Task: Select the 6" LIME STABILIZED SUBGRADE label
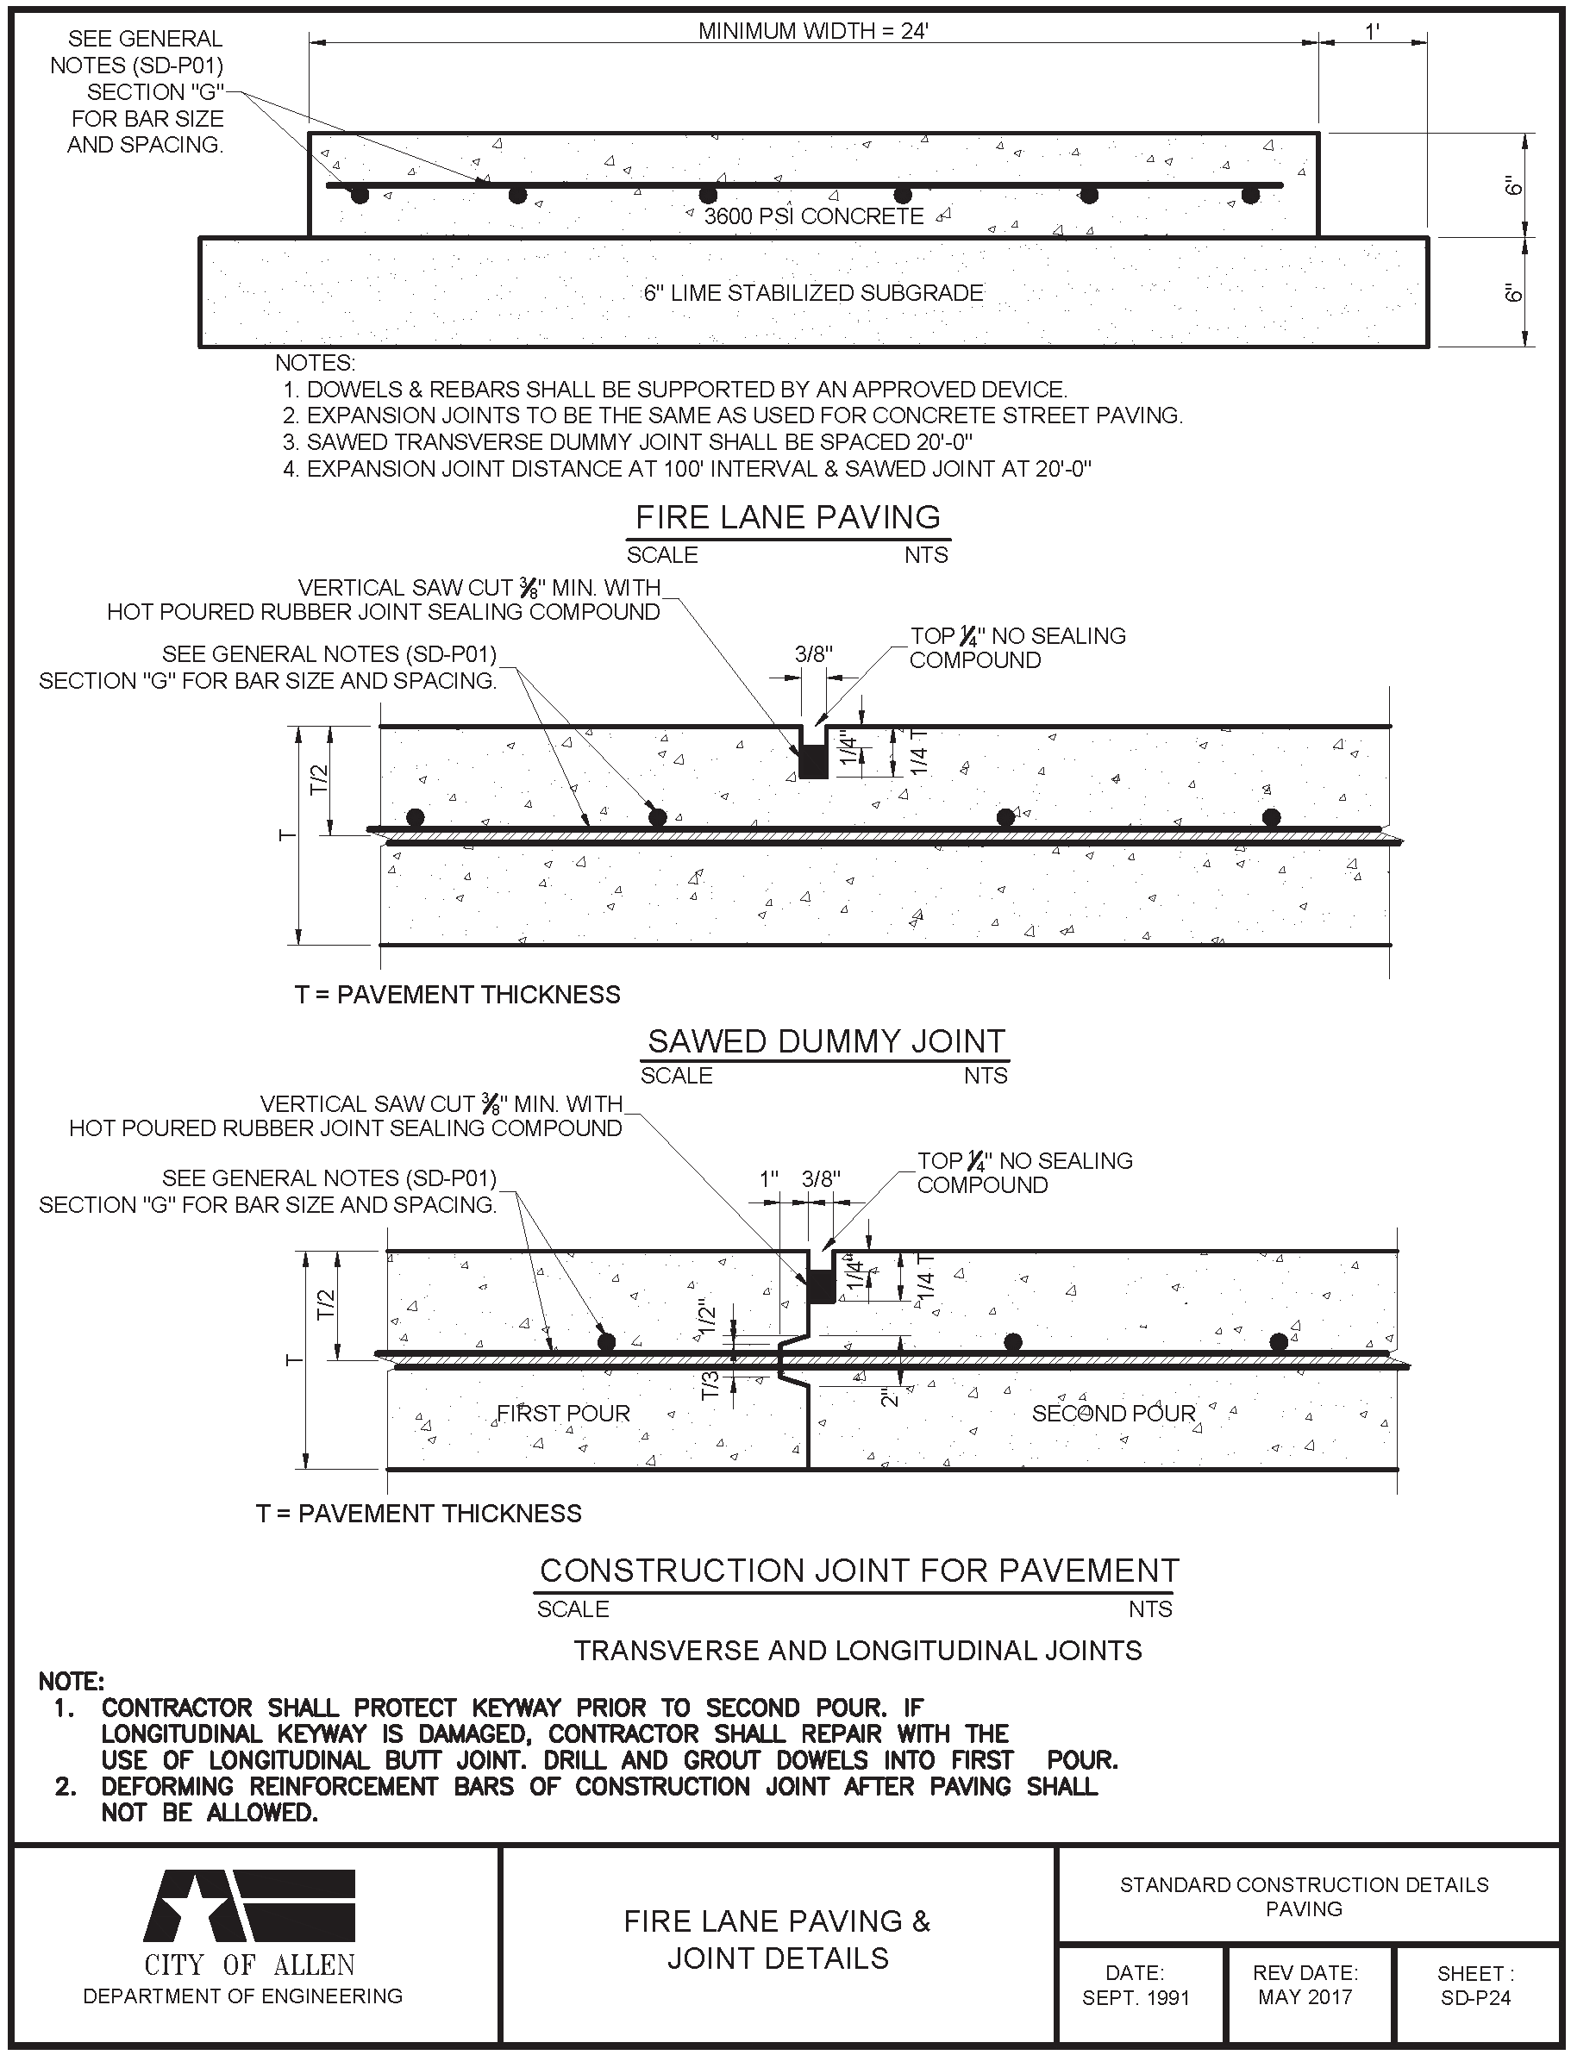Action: coord(812,292)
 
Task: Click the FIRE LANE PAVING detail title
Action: coord(787,517)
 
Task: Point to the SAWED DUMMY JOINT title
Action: coord(826,1040)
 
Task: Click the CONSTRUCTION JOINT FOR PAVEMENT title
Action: coord(859,1570)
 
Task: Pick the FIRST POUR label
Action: coord(563,1413)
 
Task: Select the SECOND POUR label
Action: coord(1113,1413)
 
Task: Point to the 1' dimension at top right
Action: coord(1372,31)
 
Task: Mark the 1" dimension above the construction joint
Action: coord(768,1179)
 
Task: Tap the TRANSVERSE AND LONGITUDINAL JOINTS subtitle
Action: coord(858,1650)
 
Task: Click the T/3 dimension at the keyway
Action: coord(710,1384)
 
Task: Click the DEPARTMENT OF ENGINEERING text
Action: coord(243,1996)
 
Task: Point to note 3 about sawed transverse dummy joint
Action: coord(628,441)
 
